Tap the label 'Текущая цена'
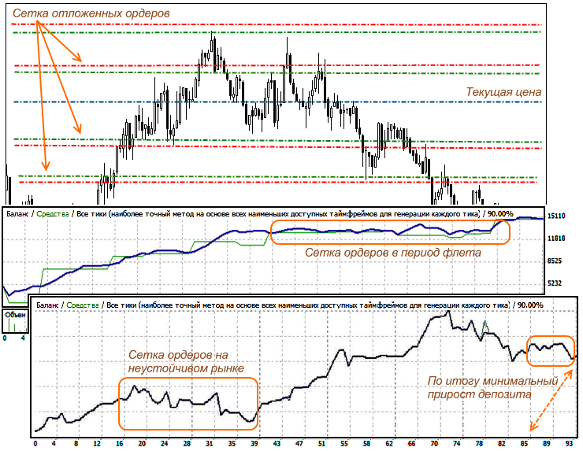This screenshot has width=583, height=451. pyautogui.click(x=503, y=92)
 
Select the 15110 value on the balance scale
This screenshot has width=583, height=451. pyautogui.click(x=558, y=215)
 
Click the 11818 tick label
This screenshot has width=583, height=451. pyautogui.click(x=558, y=238)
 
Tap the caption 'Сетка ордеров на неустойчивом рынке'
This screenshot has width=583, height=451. pyautogui.click(x=185, y=361)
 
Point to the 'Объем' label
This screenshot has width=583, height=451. pyautogui.click(x=15, y=314)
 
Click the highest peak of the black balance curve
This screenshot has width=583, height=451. pyautogui.click(x=448, y=311)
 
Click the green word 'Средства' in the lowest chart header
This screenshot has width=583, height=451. pyautogui.click(x=83, y=305)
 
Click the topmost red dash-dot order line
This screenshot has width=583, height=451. pyautogui.click(x=276, y=25)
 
